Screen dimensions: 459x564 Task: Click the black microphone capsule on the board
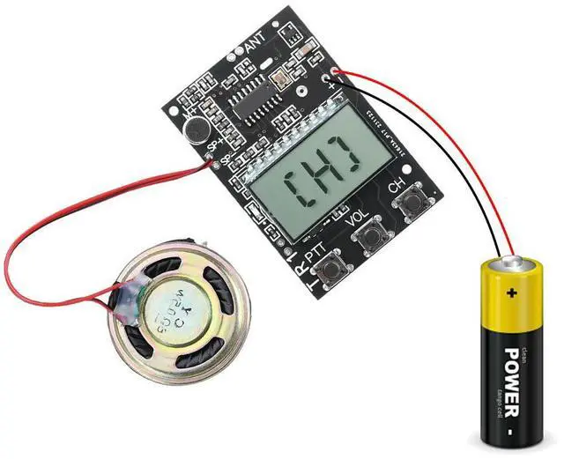[196, 130]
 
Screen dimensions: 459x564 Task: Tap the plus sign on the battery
[508, 292]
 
